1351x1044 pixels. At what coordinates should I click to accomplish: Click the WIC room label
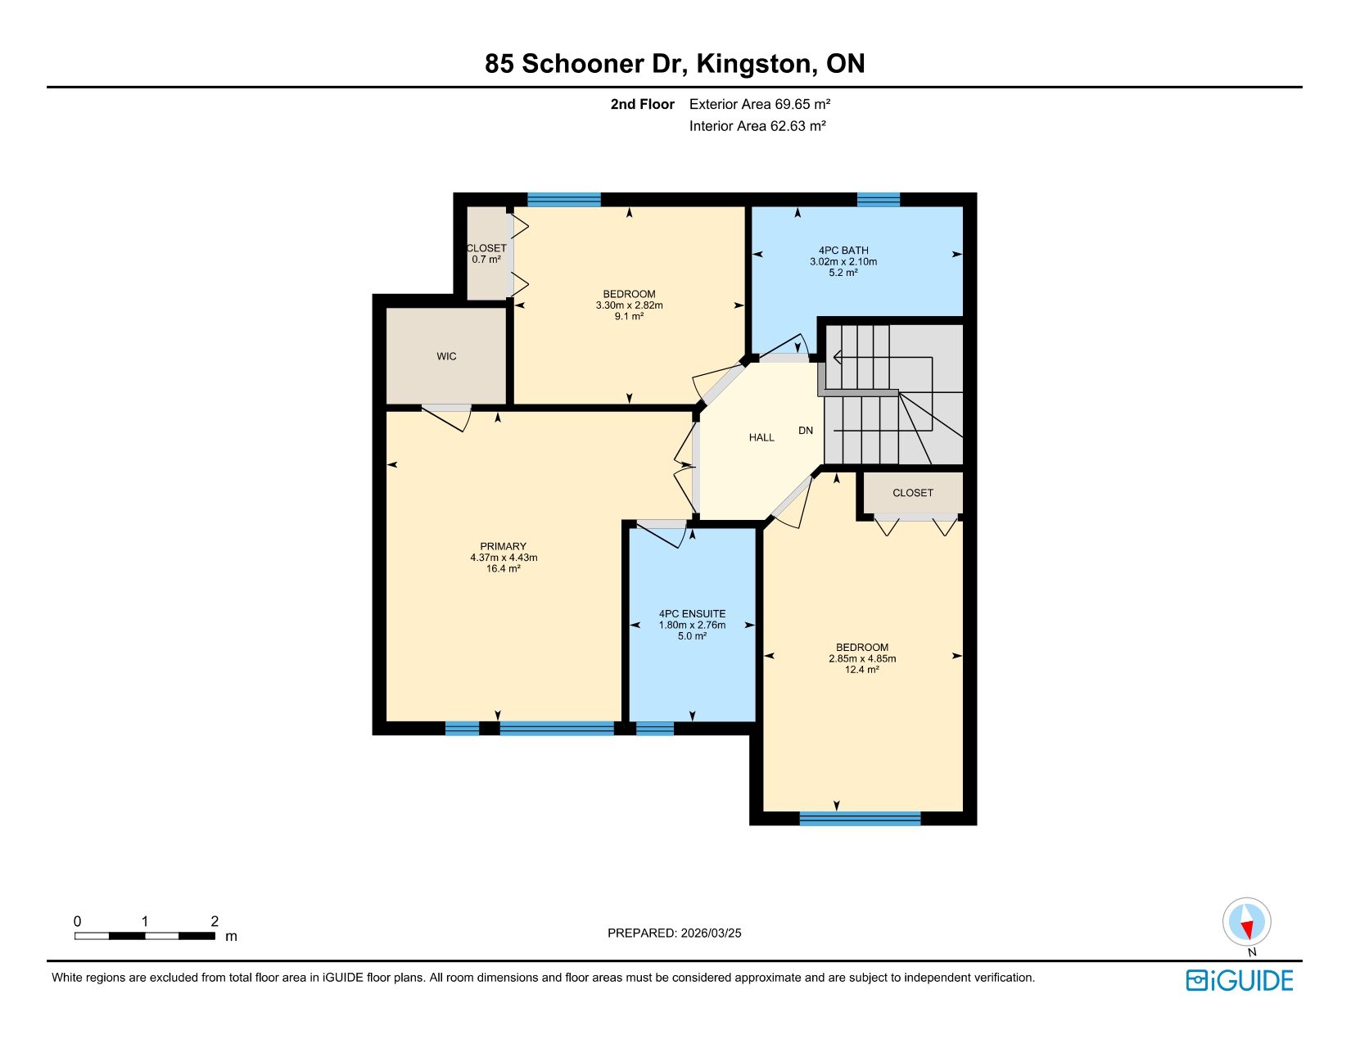[x=446, y=356]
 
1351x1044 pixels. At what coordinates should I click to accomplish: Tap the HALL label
[x=761, y=438]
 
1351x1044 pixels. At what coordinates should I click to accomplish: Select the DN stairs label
[x=806, y=430]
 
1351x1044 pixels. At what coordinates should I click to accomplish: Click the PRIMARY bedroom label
[x=503, y=546]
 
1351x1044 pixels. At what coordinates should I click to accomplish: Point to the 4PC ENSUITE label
[x=693, y=614]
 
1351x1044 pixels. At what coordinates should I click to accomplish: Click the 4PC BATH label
[x=843, y=251]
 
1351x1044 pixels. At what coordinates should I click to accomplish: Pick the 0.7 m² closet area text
[x=486, y=260]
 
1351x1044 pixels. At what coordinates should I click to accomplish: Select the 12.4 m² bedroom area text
[x=861, y=670]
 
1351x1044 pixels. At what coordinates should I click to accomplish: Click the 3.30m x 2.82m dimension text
[x=629, y=305]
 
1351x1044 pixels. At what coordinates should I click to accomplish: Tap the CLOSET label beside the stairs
[x=913, y=493]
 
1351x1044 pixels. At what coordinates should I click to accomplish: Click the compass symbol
[x=1246, y=922]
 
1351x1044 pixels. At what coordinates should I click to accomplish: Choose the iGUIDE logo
[x=1239, y=981]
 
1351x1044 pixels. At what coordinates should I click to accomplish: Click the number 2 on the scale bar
[x=215, y=921]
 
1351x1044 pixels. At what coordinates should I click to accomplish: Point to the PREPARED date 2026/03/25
[x=712, y=933]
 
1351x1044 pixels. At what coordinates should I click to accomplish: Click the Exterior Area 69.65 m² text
[x=760, y=104]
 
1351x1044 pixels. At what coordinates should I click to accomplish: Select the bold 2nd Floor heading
[x=642, y=104]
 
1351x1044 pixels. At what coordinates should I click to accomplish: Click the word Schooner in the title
[x=583, y=63]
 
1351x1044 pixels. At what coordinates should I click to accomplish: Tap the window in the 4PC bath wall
[x=879, y=200]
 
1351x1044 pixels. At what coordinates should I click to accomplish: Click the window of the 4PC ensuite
[x=655, y=728]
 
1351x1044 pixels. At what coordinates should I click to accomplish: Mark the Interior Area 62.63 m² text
[x=757, y=126]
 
